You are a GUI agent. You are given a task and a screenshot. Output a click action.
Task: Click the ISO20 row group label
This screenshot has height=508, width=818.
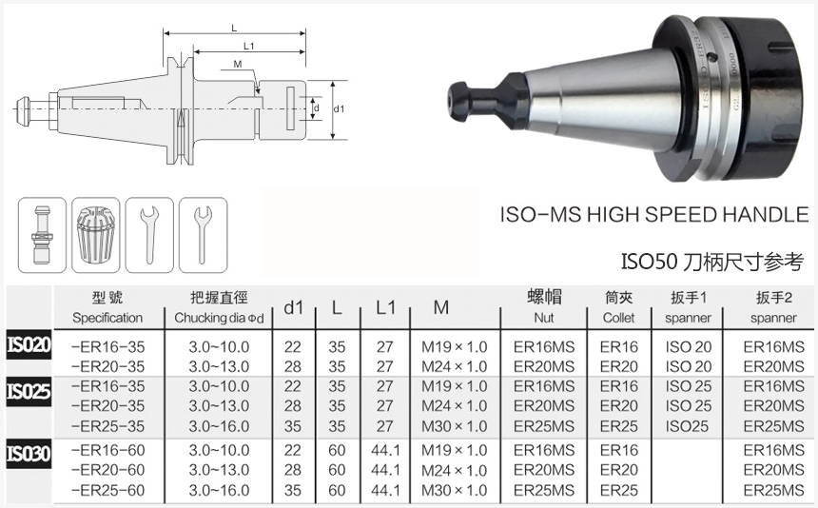29,344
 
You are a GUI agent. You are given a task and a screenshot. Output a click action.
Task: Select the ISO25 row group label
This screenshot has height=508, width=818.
29,391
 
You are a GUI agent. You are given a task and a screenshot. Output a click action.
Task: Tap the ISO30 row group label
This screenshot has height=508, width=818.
29,454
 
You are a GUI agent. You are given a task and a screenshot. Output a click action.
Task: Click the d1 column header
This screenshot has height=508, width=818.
293,307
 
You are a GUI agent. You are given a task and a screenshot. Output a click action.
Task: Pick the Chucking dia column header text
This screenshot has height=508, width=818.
219,318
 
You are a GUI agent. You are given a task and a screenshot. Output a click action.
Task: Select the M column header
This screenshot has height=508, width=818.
440,307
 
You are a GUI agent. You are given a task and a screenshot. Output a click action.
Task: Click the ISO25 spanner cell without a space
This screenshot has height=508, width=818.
687,426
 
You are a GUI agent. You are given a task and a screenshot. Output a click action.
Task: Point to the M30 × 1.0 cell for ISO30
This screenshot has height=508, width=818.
455,490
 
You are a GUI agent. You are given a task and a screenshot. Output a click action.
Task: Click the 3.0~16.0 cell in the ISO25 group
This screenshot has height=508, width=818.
219,426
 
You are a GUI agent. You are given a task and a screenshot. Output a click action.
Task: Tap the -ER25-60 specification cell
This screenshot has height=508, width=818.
107,490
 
